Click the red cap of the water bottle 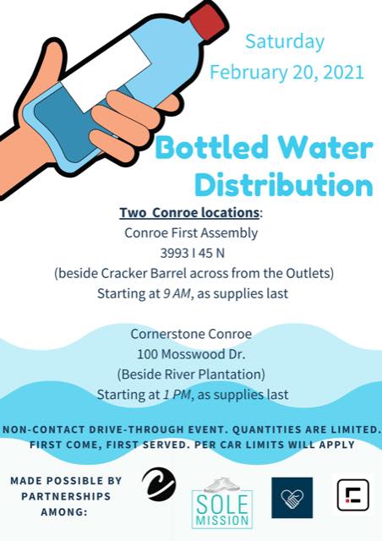207,22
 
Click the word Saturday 285,42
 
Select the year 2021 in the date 344,72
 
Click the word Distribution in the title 284,184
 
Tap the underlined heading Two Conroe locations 189,212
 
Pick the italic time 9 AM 177,293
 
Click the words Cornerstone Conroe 191,334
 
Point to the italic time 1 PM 177,395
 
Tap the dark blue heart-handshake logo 292,498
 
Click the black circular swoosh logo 159,484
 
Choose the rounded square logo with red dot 352,495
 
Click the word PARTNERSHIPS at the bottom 66,496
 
